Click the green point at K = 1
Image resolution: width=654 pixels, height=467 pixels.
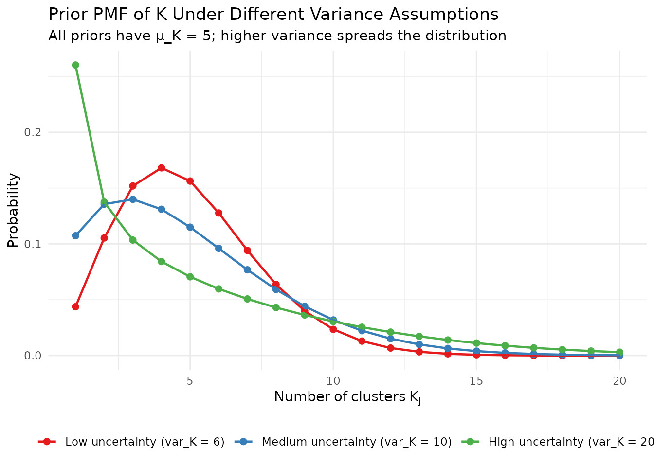[75, 65]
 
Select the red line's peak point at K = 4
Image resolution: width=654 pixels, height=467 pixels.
[162, 168]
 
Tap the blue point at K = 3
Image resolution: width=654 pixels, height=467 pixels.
[133, 199]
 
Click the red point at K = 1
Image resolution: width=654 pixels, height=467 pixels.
[75, 306]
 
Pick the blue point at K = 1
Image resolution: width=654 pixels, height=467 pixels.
[75, 235]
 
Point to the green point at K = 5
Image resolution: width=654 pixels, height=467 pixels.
[190, 277]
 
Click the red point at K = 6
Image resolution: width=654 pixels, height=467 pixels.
[218, 213]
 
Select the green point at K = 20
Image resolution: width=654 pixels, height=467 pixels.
[619, 352]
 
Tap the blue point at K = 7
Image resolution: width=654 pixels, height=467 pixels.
[247, 269]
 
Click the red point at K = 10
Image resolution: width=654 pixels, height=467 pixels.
[333, 329]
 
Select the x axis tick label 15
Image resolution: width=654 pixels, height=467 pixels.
[476, 381]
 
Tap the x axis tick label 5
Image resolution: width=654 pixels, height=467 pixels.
[190, 381]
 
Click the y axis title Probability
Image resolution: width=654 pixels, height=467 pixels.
[13, 210]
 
